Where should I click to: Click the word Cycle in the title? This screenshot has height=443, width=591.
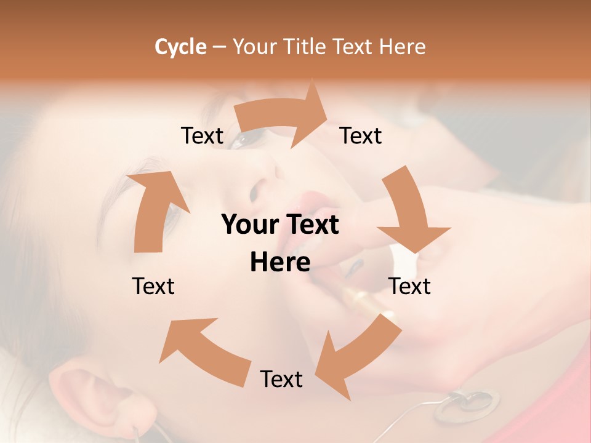(x=180, y=47)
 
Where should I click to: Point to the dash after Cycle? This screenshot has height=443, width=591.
(x=219, y=47)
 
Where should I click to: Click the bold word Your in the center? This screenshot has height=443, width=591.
(x=247, y=225)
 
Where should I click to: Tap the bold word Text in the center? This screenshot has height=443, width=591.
(x=311, y=225)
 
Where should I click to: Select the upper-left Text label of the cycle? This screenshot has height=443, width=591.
(x=202, y=135)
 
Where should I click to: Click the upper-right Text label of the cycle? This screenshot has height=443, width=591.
(x=361, y=135)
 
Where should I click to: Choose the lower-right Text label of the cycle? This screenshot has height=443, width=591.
(x=409, y=286)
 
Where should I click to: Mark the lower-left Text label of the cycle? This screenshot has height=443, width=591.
(x=153, y=286)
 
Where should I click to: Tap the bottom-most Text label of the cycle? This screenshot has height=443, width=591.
(x=281, y=379)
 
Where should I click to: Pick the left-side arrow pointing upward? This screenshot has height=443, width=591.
(x=155, y=209)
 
